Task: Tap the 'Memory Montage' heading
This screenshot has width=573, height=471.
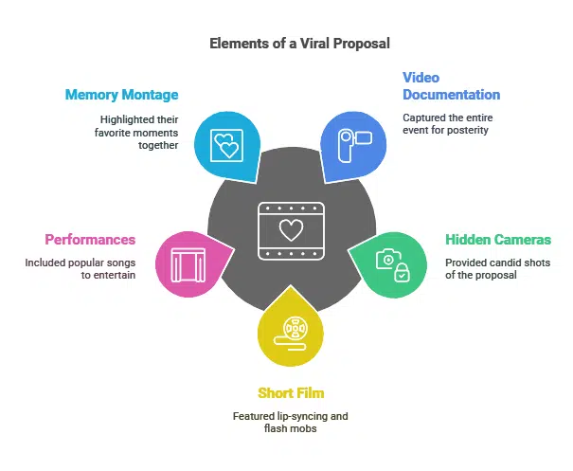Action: point(121,95)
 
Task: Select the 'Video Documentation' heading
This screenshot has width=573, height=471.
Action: point(451,86)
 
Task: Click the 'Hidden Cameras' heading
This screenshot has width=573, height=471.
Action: point(498,240)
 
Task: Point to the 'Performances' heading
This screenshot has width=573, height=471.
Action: point(90,240)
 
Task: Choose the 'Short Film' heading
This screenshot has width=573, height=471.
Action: point(291,393)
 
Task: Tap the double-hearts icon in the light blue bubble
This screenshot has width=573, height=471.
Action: point(225,146)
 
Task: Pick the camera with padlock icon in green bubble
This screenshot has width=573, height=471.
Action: point(392,263)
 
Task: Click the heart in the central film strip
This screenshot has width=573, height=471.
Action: point(291,228)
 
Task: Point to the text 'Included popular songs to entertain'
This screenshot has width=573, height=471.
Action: point(82,268)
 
